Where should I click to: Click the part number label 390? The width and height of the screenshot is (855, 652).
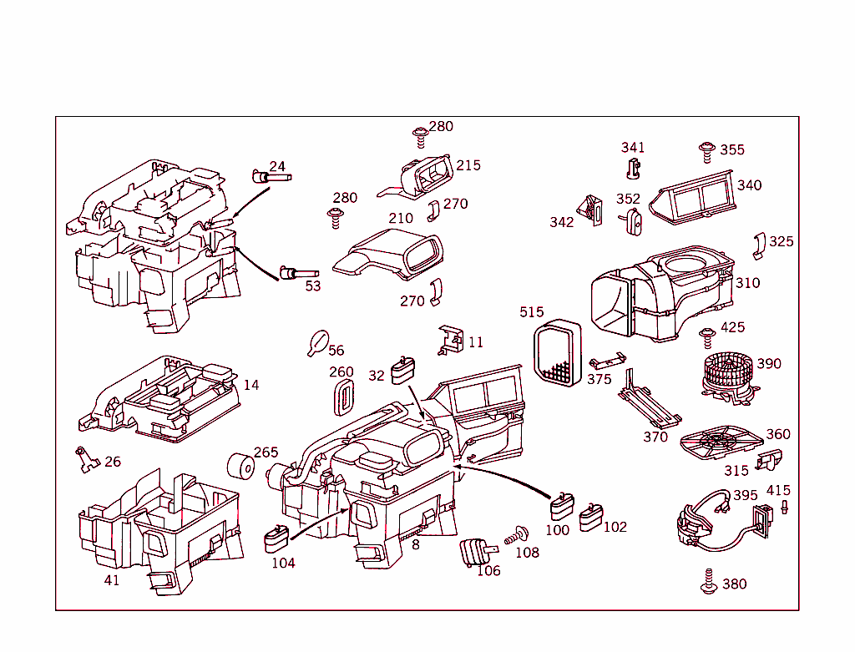click(769, 364)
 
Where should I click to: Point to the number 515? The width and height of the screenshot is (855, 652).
click(531, 312)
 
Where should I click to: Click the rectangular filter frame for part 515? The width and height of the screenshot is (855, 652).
click(555, 354)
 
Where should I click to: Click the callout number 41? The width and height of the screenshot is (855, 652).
click(111, 580)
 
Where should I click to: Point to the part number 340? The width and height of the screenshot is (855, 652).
click(749, 185)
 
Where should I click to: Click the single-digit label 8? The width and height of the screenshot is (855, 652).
click(415, 544)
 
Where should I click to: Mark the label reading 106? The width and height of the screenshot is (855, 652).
click(488, 571)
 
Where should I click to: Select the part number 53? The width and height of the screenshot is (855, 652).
click(313, 286)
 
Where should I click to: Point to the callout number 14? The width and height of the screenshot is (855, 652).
click(251, 385)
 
